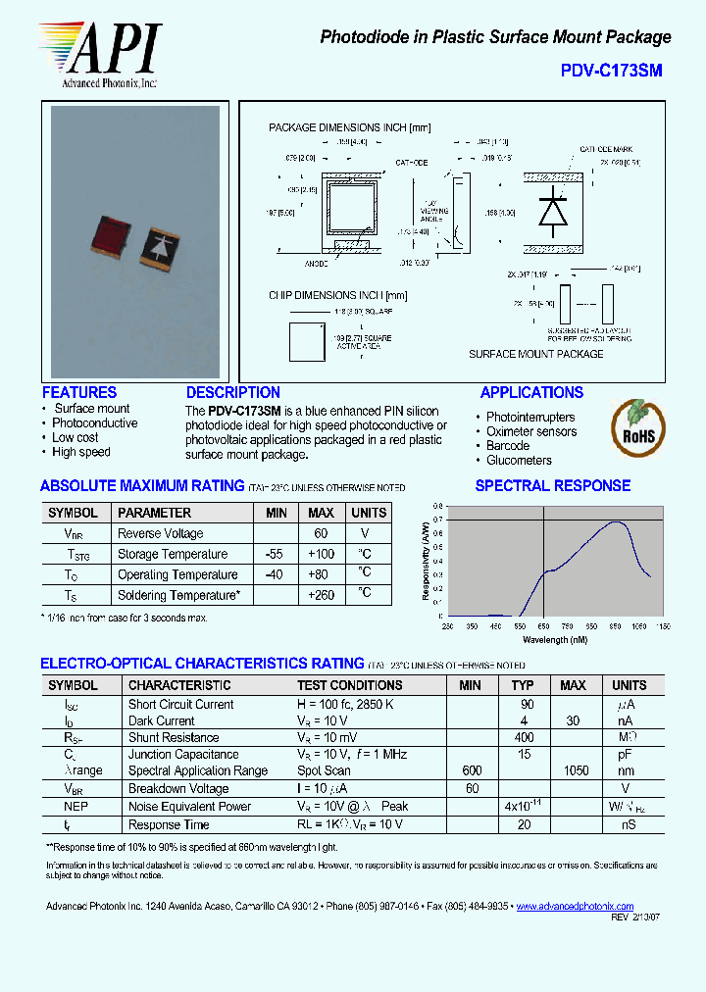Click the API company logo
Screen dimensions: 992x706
coord(98,55)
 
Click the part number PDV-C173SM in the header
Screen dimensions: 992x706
coord(611,71)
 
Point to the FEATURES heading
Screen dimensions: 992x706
coord(79,392)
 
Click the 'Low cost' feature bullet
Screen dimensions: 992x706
coord(75,437)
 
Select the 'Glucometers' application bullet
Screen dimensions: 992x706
coord(519,460)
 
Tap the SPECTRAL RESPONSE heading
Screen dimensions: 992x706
coord(553,485)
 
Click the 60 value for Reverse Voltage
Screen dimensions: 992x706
coord(321,533)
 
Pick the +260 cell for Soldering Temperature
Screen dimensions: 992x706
coord(321,595)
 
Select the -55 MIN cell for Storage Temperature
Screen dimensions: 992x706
coord(275,554)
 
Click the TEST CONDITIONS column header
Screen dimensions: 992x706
coord(350,685)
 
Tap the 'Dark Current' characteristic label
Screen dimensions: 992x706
coord(161,720)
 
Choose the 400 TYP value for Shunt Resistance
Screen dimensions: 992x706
coord(524,737)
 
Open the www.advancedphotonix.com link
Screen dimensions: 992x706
coord(575,907)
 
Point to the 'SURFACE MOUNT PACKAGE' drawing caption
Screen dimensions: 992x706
coord(535,354)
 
